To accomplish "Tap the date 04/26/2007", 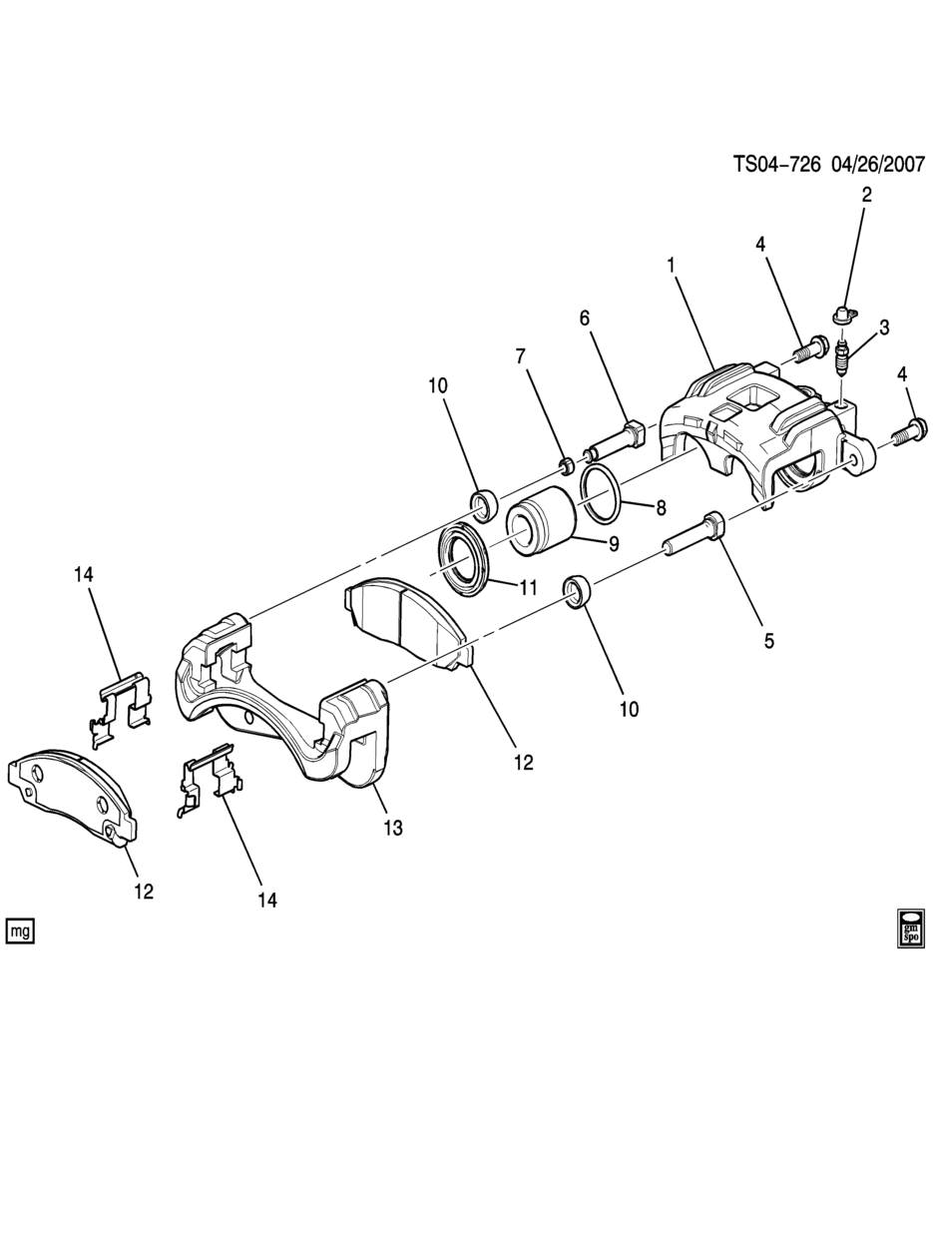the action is click(878, 165).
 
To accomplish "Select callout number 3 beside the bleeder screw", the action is click(884, 327).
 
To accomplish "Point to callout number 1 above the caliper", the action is click(672, 265).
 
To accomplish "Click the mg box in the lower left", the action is click(20, 931).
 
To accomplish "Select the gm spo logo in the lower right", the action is click(911, 932).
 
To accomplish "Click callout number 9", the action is click(614, 544).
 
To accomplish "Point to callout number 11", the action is click(528, 588).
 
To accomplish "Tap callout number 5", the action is click(768, 641).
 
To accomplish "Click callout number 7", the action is click(520, 356).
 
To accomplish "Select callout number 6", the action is click(585, 318).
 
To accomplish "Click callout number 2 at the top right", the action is click(867, 195).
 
